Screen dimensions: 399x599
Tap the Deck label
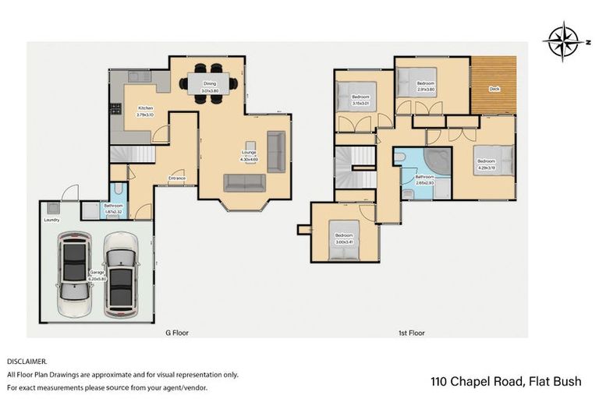coord(494,89)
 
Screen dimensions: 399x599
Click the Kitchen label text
coord(145,108)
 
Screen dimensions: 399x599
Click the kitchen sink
coord(140,76)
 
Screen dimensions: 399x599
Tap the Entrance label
coord(177,178)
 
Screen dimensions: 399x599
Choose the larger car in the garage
coord(121,274)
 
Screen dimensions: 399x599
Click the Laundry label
coord(51,219)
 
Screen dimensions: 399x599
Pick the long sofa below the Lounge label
coord(245,182)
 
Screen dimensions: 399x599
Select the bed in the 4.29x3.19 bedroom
coord(495,159)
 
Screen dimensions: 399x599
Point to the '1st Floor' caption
coord(411,333)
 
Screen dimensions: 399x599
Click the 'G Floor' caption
coord(176,333)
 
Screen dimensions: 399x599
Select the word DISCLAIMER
coord(27,362)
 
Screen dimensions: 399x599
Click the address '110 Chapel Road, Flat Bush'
coord(506,382)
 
